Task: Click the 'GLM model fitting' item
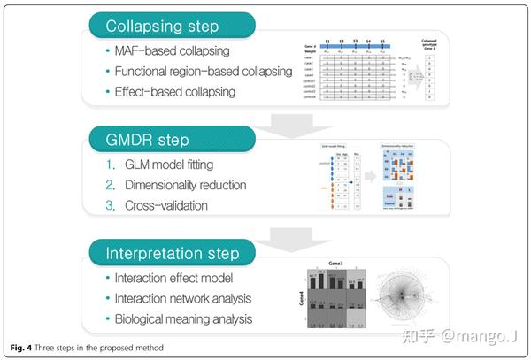pos(178,165)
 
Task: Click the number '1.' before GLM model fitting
pos(111,165)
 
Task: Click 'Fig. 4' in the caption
pos(22,344)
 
